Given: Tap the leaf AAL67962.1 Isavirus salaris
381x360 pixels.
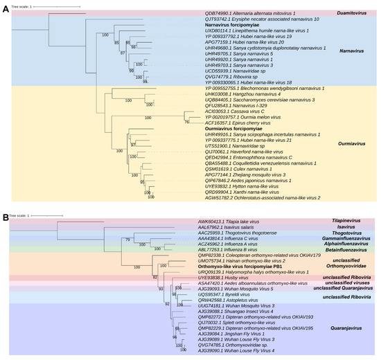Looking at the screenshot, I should coord(225,226).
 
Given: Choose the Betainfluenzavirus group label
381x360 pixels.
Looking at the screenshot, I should coord(349,249).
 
